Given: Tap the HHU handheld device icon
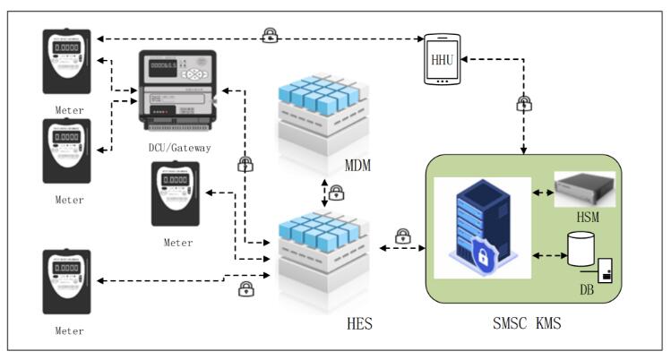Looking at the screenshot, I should (443, 58).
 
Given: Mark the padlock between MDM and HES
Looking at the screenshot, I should (338, 192).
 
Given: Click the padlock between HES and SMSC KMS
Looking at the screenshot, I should (402, 237).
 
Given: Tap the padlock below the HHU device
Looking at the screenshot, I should (524, 103).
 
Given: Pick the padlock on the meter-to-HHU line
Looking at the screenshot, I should (269, 36).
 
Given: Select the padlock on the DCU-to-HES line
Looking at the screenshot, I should (244, 165).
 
